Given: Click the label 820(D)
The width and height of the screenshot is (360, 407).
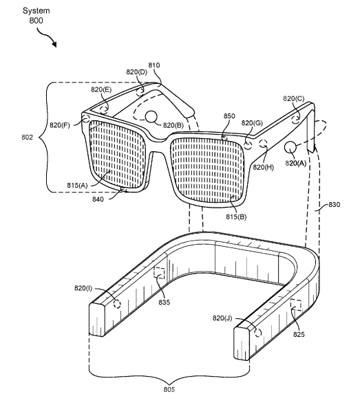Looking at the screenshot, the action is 137,72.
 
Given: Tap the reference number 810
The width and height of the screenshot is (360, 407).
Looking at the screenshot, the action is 154,65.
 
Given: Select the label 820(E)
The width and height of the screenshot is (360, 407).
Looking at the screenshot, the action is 101,89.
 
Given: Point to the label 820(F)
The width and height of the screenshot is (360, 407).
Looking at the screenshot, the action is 60,125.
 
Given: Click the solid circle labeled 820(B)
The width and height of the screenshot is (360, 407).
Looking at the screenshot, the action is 151,117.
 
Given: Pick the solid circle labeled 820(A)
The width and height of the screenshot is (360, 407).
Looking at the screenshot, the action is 290,147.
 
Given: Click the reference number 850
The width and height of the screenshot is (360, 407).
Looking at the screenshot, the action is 229,116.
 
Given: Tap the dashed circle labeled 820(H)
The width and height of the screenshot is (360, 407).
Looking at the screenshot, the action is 263,144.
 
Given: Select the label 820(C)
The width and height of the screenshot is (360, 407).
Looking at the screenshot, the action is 293,98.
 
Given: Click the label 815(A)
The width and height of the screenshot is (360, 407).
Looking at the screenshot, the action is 77,186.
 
